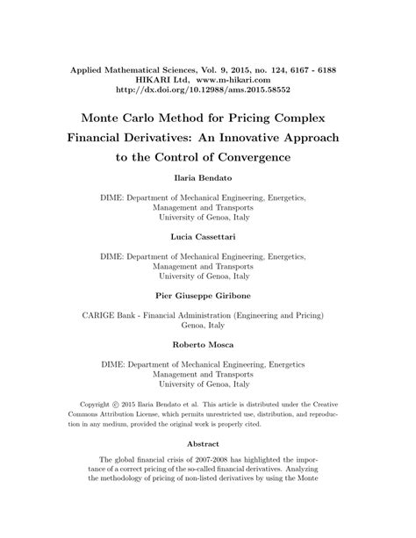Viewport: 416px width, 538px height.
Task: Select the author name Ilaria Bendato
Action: (x=207, y=177)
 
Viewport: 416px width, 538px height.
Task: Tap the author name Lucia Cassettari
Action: (x=207, y=236)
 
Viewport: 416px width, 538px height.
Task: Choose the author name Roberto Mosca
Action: (x=207, y=345)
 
